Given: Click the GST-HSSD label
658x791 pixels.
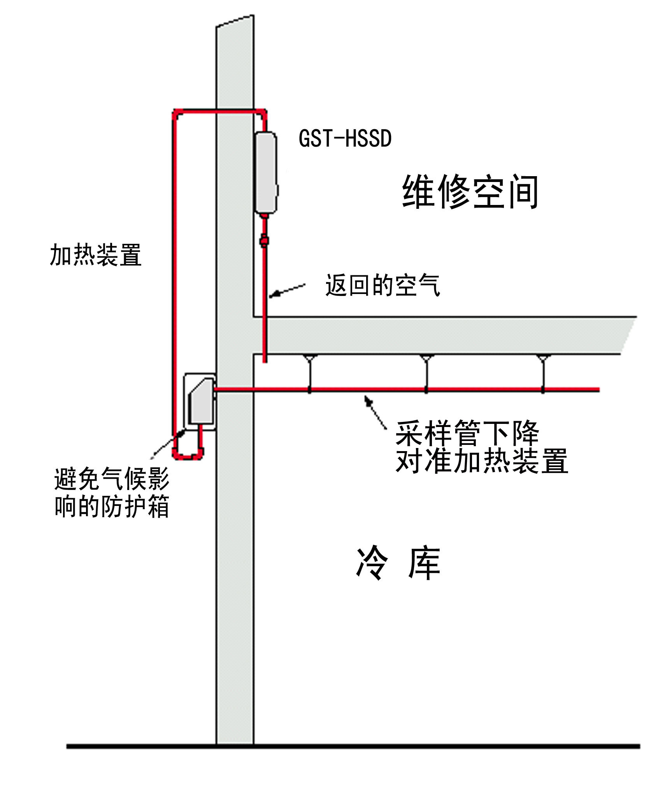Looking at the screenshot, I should click(x=345, y=138).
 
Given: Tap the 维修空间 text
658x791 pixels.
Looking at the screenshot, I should click(x=470, y=192).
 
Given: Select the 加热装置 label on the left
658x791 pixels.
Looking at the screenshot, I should click(x=95, y=255).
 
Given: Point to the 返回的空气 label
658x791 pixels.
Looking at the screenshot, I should click(x=383, y=285).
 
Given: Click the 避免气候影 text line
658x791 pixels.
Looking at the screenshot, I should click(x=112, y=479).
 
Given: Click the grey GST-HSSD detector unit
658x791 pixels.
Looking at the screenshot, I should click(x=266, y=173).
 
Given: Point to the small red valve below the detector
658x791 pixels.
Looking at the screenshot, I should click(x=264, y=240).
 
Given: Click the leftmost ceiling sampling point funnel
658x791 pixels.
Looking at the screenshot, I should click(x=310, y=358).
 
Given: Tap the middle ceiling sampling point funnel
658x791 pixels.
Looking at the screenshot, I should click(x=426, y=358).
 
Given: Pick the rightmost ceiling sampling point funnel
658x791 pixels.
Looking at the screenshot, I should click(x=543, y=358).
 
